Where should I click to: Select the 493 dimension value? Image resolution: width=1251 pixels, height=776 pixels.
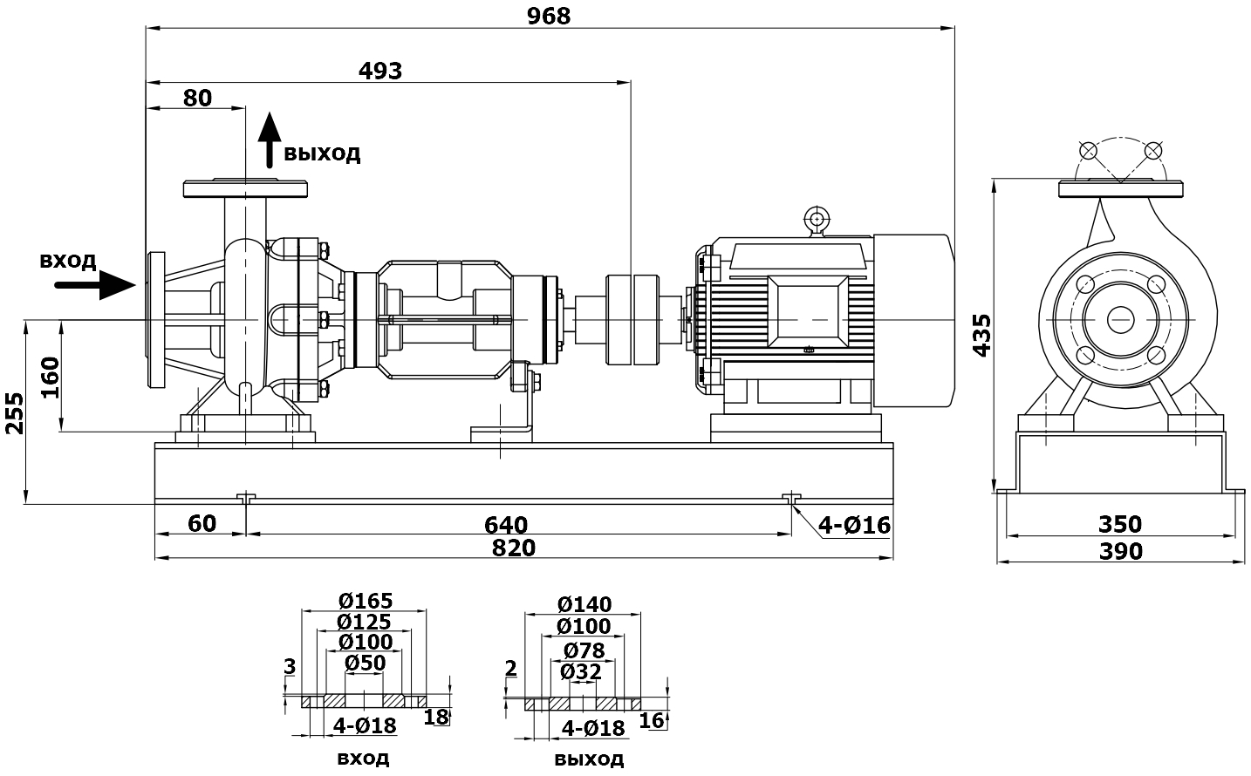(x=381, y=71)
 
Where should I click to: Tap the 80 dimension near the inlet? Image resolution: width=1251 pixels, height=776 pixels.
(x=198, y=98)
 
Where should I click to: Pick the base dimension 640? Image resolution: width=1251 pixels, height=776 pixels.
(x=507, y=525)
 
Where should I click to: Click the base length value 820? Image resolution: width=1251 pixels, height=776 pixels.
(x=514, y=548)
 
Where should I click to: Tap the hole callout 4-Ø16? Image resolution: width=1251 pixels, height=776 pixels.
(x=854, y=525)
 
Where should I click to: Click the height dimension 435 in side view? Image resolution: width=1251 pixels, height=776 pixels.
(x=981, y=334)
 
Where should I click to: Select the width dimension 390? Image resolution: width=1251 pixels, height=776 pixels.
(x=1120, y=551)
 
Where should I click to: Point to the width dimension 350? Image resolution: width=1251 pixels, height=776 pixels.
(x=1120, y=524)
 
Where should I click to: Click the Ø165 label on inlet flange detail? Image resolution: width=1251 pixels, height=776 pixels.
(x=366, y=601)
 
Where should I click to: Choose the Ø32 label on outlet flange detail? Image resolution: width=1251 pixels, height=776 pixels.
(x=581, y=671)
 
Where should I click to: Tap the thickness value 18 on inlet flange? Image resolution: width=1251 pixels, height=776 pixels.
(x=435, y=717)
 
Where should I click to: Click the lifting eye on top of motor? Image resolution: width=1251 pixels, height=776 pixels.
(x=817, y=218)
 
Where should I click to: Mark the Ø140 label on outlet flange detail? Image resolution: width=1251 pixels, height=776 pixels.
(x=584, y=604)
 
